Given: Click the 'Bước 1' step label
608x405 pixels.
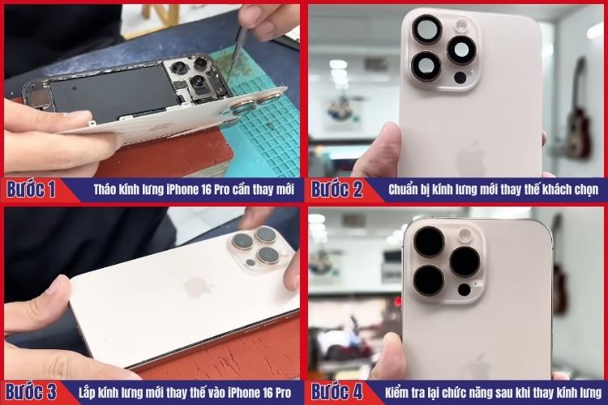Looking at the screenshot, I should coord(31,190).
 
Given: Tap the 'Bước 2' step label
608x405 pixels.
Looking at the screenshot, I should coord(336,190).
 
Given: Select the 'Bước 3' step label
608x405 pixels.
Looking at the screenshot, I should coord(31,392).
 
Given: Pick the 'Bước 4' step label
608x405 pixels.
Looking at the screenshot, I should coord(336,392).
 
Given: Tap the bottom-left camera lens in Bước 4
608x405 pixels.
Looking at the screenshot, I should coord(429,279).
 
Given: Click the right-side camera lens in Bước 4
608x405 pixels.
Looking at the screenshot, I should coord(465,261).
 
